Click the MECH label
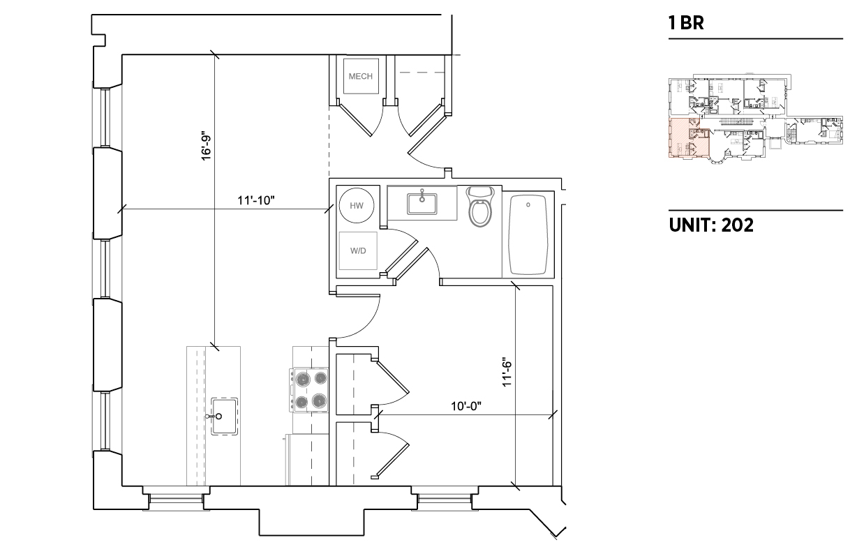click(x=360, y=76)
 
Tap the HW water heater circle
click(x=357, y=205)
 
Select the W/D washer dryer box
click(x=358, y=250)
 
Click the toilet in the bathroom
click(x=481, y=207)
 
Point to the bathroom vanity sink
click(x=422, y=204)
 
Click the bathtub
click(x=528, y=234)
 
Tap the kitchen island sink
click(x=225, y=416)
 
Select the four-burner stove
click(x=309, y=390)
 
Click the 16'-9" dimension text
click(x=207, y=148)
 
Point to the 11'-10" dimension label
click(x=256, y=200)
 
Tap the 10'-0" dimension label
click(x=466, y=406)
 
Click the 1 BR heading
click(x=686, y=23)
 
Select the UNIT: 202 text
click(x=711, y=225)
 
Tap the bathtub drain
click(x=528, y=205)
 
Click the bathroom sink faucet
click(x=422, y=195)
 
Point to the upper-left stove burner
click(x=303, y=379)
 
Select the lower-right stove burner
click(x=319, y=401)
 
